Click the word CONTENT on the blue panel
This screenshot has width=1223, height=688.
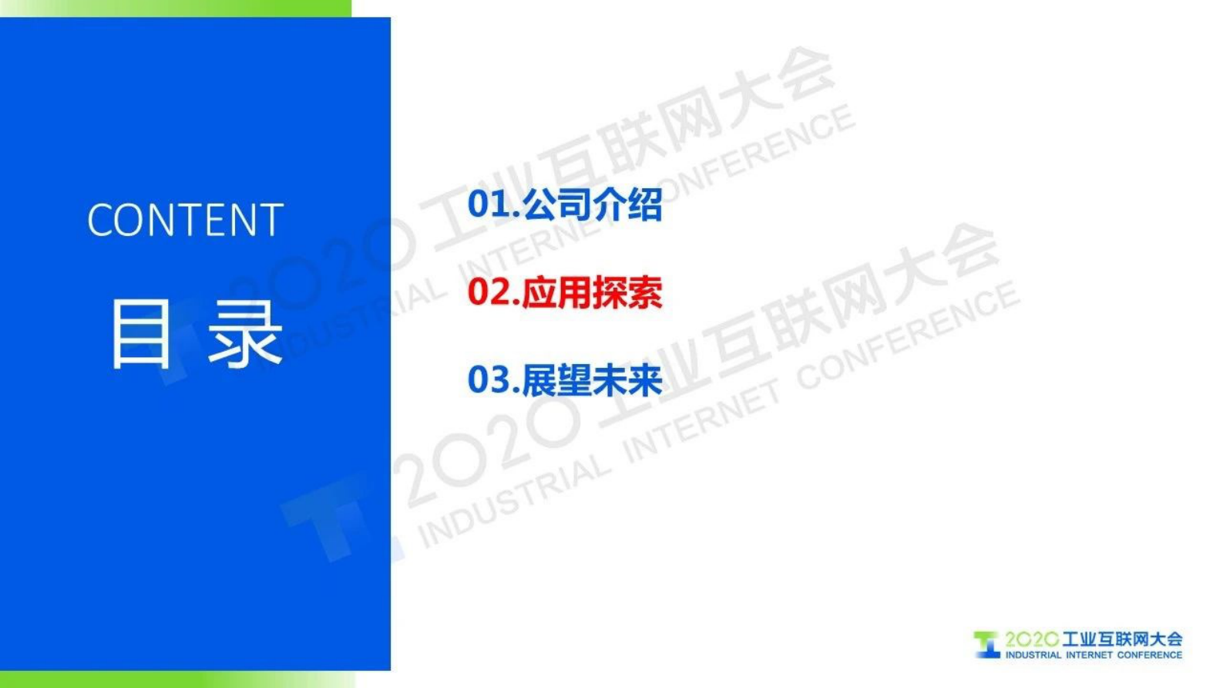[x=185, y=221]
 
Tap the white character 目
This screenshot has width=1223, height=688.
[x=140, y=334]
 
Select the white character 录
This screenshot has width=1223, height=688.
[x=244, y=334]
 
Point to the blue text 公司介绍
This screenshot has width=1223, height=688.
[x=592, y=204]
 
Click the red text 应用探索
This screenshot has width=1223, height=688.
[x=592, y=292]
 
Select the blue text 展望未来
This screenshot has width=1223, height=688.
[x=592, y=380]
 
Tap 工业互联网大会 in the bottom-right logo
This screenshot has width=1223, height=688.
[x=1122, y=639]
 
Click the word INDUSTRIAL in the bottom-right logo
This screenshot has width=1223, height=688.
[x=1033, y=655]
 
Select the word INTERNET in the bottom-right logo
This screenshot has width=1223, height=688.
[x=1089, y=655]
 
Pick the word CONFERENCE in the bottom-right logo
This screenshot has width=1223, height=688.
[x=1149, y=655]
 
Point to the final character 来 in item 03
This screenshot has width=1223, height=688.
[x=645, y=380]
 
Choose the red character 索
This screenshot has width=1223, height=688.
[x=645, y=292]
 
